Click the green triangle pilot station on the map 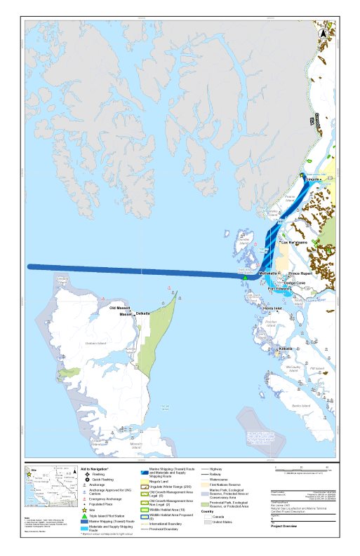click(x=245, y=278)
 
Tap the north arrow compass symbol click(x=324, y=32)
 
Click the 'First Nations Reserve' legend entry click(x=228, y=484)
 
